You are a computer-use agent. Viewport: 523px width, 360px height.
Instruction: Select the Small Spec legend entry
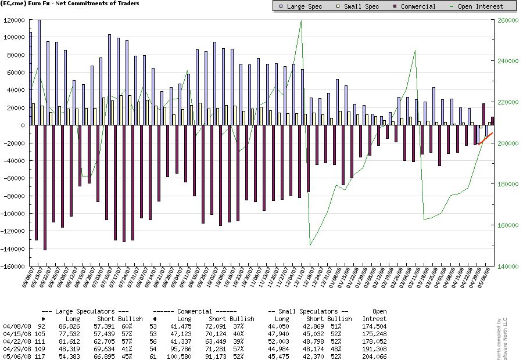coord(358,6)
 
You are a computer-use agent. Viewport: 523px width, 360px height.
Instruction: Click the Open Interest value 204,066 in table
coord(374,356)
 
